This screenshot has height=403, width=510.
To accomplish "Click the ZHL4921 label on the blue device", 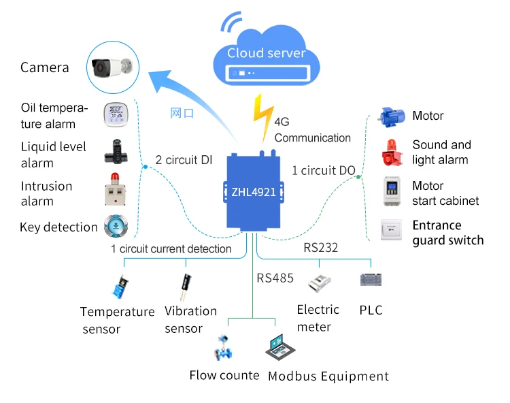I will pos(254,192).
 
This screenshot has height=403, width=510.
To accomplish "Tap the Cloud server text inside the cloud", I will pos(266,53).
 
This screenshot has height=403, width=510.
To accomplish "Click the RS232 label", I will pos(320,248).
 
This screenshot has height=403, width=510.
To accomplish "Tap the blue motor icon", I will pos(392,116).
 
